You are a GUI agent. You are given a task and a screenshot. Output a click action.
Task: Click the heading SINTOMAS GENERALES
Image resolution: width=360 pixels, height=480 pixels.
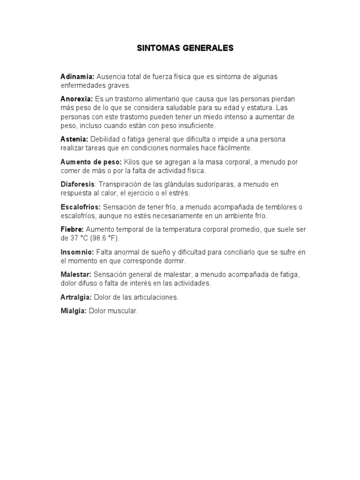tap(184, 48)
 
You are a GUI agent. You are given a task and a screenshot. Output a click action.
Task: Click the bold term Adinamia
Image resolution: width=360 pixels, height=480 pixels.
tap(77, 76)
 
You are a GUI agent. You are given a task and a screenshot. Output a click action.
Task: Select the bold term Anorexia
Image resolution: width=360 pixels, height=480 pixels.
tap(77, 99)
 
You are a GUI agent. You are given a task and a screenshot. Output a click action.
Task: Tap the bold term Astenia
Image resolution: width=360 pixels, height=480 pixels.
tap(74, 139)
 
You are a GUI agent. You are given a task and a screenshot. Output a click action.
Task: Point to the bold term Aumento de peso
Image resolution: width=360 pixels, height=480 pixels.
tap(91, 162)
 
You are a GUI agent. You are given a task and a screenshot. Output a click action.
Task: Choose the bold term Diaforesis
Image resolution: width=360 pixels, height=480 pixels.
tap(78, 184)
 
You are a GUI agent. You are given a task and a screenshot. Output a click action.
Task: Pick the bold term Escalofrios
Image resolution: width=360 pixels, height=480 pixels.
tap(81, 207)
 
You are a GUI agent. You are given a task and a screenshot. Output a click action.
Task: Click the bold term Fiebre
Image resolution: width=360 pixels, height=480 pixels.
tap(72, 229)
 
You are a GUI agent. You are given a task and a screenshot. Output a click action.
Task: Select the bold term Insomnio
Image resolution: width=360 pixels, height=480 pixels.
tap(77, 252)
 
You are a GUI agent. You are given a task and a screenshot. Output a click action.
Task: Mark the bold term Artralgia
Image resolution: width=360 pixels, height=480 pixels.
tap(76, 297)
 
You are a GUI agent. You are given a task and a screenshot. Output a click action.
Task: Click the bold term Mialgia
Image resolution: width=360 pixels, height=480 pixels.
tap(74, 311)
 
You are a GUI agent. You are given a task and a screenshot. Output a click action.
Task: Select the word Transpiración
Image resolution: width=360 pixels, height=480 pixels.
tap(120, 184)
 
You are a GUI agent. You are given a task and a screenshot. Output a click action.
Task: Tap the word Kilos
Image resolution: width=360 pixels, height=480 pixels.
tap(132, 162)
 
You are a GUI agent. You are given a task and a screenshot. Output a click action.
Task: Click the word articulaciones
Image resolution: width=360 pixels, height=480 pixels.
tap(156, 297)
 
